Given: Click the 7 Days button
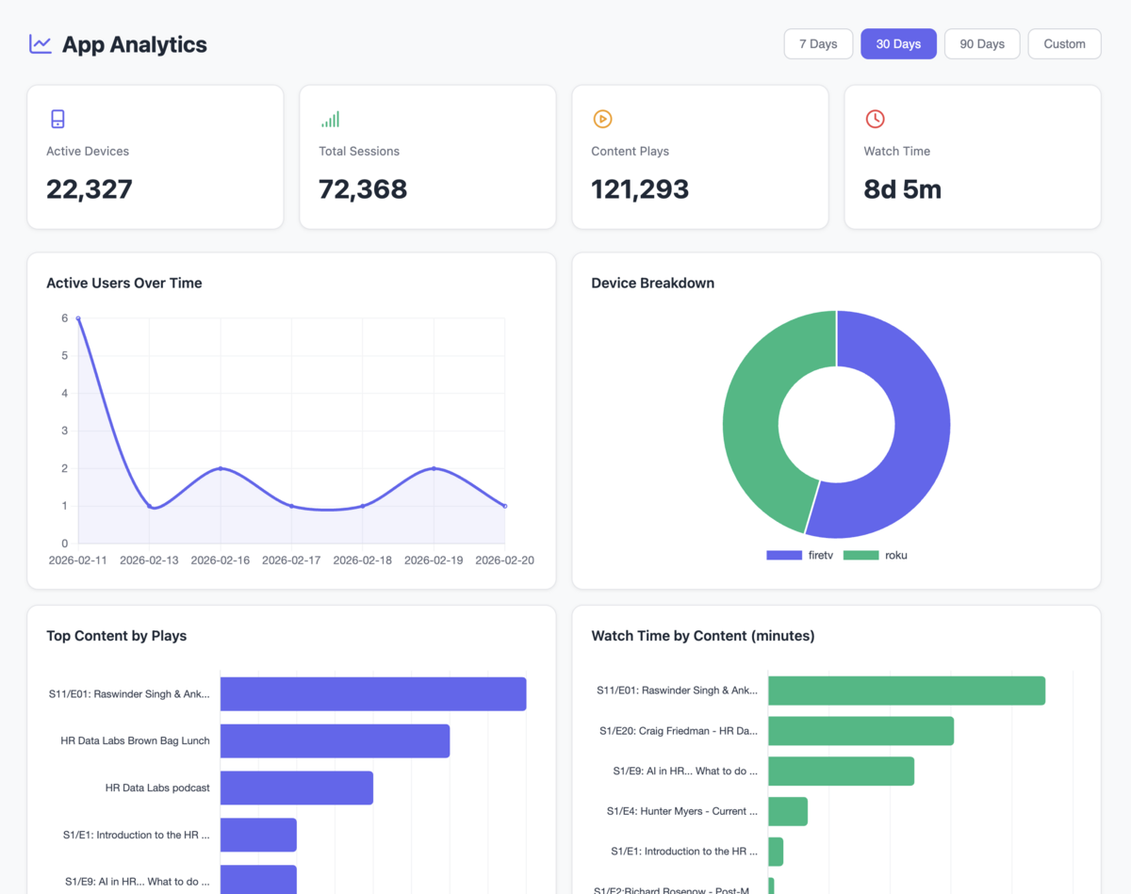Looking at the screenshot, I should tap(818, 44).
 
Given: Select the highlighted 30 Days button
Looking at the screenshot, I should tap(898, 44).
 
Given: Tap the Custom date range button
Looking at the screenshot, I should tap(1064, 44).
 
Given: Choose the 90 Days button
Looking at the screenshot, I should tap(982, 44).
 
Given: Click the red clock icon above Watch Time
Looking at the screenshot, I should tap(875, 119).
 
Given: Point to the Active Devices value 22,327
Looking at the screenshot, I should tap(90, 189).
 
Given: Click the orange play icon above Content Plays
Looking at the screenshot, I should tap(602, 119).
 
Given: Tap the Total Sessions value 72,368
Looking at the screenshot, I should tap(363, 189).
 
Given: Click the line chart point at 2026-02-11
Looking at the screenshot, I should tap(78, 318).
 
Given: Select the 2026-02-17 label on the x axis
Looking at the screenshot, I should tap(291, 560).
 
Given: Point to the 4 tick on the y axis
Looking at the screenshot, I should tap(64, 393).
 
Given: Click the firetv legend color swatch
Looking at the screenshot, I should tap(783, 555).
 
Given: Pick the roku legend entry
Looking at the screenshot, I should tap(877, 555).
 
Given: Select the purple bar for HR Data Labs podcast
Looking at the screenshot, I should tap(297, 788).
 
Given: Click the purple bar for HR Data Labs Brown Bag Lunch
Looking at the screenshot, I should tap(335, 740).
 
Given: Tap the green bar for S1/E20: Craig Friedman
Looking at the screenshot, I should tap(861, 730).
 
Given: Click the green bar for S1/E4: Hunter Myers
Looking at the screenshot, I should tap(788, 811).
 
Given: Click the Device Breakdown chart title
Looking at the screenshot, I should tap(652, 283).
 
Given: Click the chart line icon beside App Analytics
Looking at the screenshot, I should tap(41, 44).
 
